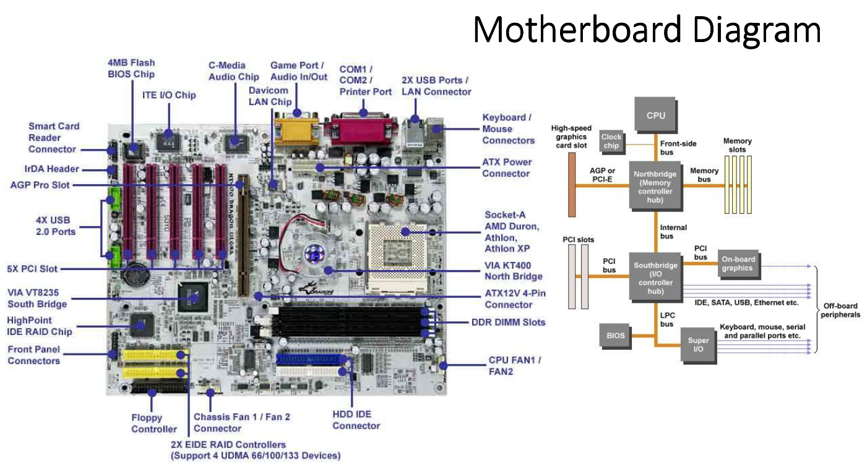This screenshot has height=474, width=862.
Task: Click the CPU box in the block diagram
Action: [x=655, y=115]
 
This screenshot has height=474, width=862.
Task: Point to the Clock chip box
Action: [x=611, y=141]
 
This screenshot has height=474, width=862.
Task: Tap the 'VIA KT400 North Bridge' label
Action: [x=513, y=271]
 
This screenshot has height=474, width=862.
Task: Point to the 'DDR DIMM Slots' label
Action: [x=508, y=322]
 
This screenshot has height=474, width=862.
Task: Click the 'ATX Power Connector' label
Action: [x=506, y=167]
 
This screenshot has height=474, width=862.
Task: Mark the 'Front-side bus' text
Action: [x=678, y=148]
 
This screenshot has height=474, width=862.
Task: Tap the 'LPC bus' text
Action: [x=668, y=320]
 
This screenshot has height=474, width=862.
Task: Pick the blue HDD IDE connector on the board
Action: [x=312, y=359]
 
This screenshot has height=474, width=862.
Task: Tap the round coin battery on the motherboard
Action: [x=137, y=275]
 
